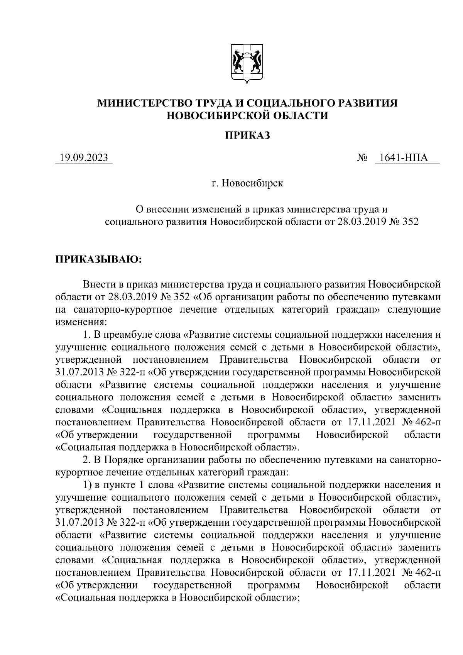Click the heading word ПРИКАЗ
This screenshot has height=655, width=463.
[247, 135]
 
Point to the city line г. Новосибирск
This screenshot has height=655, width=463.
[247, 183]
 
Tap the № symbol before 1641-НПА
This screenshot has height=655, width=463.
[362, 158]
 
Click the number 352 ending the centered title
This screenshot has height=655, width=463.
[410, 222]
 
